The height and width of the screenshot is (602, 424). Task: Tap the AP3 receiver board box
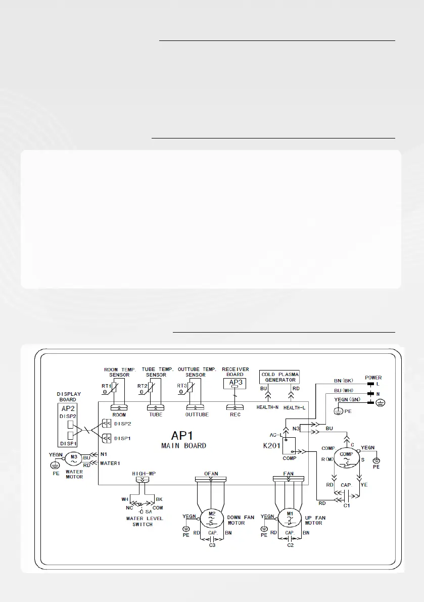coord(235,384)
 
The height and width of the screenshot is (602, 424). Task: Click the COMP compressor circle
coord(346,454)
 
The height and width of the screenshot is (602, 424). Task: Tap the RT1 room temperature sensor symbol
coord(116,389)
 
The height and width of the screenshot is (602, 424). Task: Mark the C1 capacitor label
coord(346,504)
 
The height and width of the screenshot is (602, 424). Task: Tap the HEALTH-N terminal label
coord(267,407)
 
